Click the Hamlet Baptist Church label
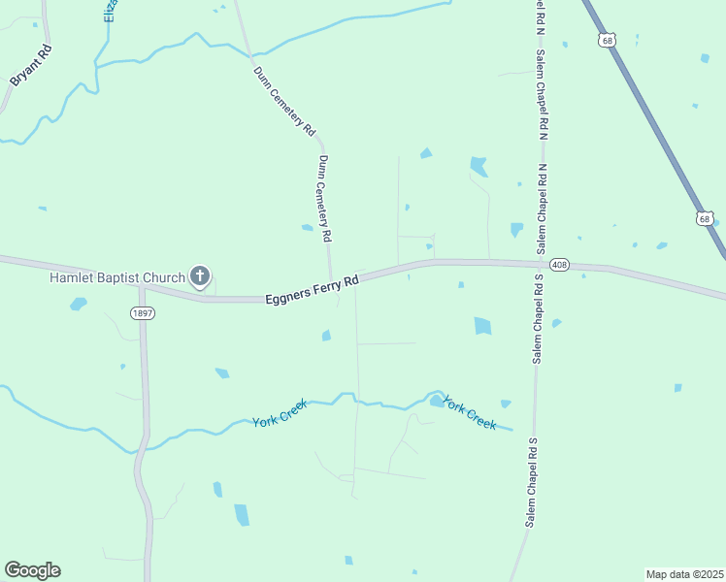116,278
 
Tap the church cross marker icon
200,277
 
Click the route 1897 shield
142,311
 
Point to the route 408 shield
558,265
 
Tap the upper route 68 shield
608,40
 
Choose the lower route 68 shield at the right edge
705,219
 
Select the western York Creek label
280,414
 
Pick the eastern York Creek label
469,412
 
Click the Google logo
32,570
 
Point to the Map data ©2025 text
685,574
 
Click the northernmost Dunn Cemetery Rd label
284,100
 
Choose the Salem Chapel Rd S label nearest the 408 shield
536,319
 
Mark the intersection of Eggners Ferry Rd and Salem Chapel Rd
540,263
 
